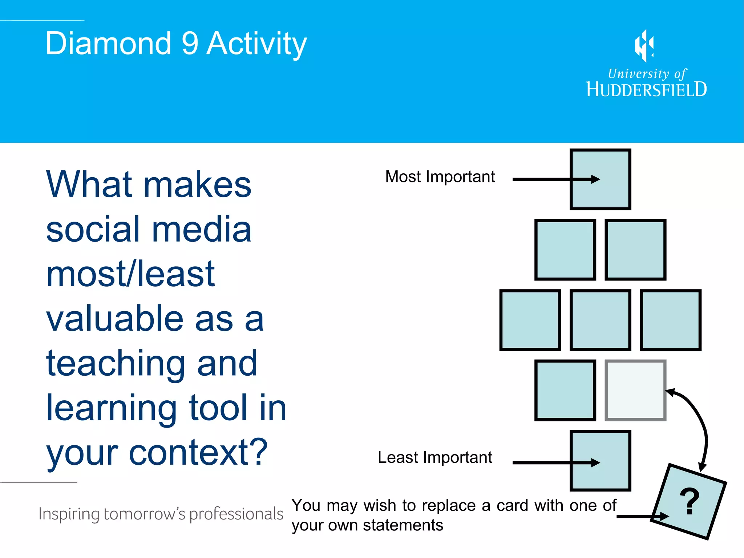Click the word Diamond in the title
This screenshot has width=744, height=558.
click(108, 44)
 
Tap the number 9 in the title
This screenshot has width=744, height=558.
click(190, 44)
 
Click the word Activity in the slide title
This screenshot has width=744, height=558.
click(256, 44)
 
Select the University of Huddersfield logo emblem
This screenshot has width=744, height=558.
click(644, 46)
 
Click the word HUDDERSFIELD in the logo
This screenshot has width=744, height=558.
click(646, 89)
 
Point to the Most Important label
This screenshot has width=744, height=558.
click(440, 177)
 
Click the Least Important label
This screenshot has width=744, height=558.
click(434, 457)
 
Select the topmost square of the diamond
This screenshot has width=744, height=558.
click(600, 179)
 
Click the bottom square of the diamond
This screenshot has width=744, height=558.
click(600, 461)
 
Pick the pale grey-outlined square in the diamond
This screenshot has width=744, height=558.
click(635, 390)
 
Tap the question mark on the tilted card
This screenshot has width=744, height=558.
click(689, 502)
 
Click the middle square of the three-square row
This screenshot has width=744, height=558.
click(600, 320)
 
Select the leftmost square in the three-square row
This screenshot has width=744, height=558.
click(530, 320)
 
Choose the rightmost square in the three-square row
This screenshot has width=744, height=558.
click(670, 320)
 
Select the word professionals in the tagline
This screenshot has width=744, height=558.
click(236, 514)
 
